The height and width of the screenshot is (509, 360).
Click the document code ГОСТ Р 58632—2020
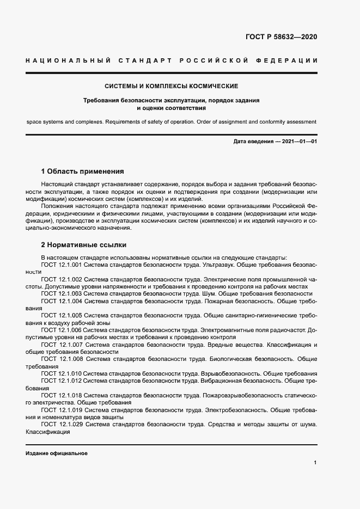281,37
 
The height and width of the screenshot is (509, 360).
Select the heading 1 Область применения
83,171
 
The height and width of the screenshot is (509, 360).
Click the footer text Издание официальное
56,453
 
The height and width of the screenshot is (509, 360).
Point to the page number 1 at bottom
315,463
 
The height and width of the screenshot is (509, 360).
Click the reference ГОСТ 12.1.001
61,265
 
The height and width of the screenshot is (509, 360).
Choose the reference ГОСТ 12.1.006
61,330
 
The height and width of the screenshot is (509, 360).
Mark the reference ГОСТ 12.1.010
61,373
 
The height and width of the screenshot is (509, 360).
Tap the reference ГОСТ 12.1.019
62,409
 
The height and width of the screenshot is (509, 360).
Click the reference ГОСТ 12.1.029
62,424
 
